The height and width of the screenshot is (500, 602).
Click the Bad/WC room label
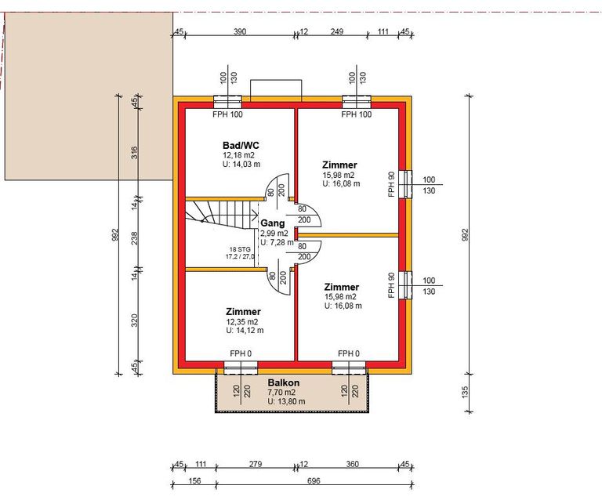pyautogui.click(x=241, y=146)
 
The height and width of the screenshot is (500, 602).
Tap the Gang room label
pyautogui.click(x=273, y=223)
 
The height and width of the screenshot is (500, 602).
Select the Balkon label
pyautogui.click(x=284, y=382)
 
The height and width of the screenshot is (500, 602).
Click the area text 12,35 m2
pyautogui.click(x=242, y=321)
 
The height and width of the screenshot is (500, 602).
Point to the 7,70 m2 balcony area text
pyautogui.click(x=281, y=392)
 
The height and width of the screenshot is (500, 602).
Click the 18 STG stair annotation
pyautogui.click(x=240, y=249)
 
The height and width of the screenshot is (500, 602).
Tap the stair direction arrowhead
pyautogui.click(x=255, y=215)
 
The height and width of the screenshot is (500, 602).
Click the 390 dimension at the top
pyautogui.click(x=240, y=31)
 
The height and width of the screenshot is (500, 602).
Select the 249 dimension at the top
pyautogui.click(x=337, y=31)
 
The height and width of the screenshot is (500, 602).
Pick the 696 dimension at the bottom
pyautogui.click(x=314, y=481)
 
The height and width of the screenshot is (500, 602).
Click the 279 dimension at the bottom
pyautogui.click(x=256, y=464)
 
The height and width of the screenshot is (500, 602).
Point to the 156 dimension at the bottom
pyautogui.click(x=194, y=481)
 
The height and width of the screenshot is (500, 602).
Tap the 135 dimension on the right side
pyautogui.click(x=465, y=392)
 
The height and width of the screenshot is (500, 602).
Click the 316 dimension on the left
pyautogui.click(x=134, y=153)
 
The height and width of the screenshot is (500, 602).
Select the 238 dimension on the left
pyautogui.click(x=134, y=238)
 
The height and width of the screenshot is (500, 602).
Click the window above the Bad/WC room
pyautogui.click(x=227, y=102)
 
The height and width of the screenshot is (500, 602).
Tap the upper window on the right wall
pyautogui.click(x=405, y=185)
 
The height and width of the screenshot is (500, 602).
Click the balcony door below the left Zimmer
pyautogui.click(x=241, y=368)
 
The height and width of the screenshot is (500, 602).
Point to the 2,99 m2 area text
pyautogui.click(x=274, y=234)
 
